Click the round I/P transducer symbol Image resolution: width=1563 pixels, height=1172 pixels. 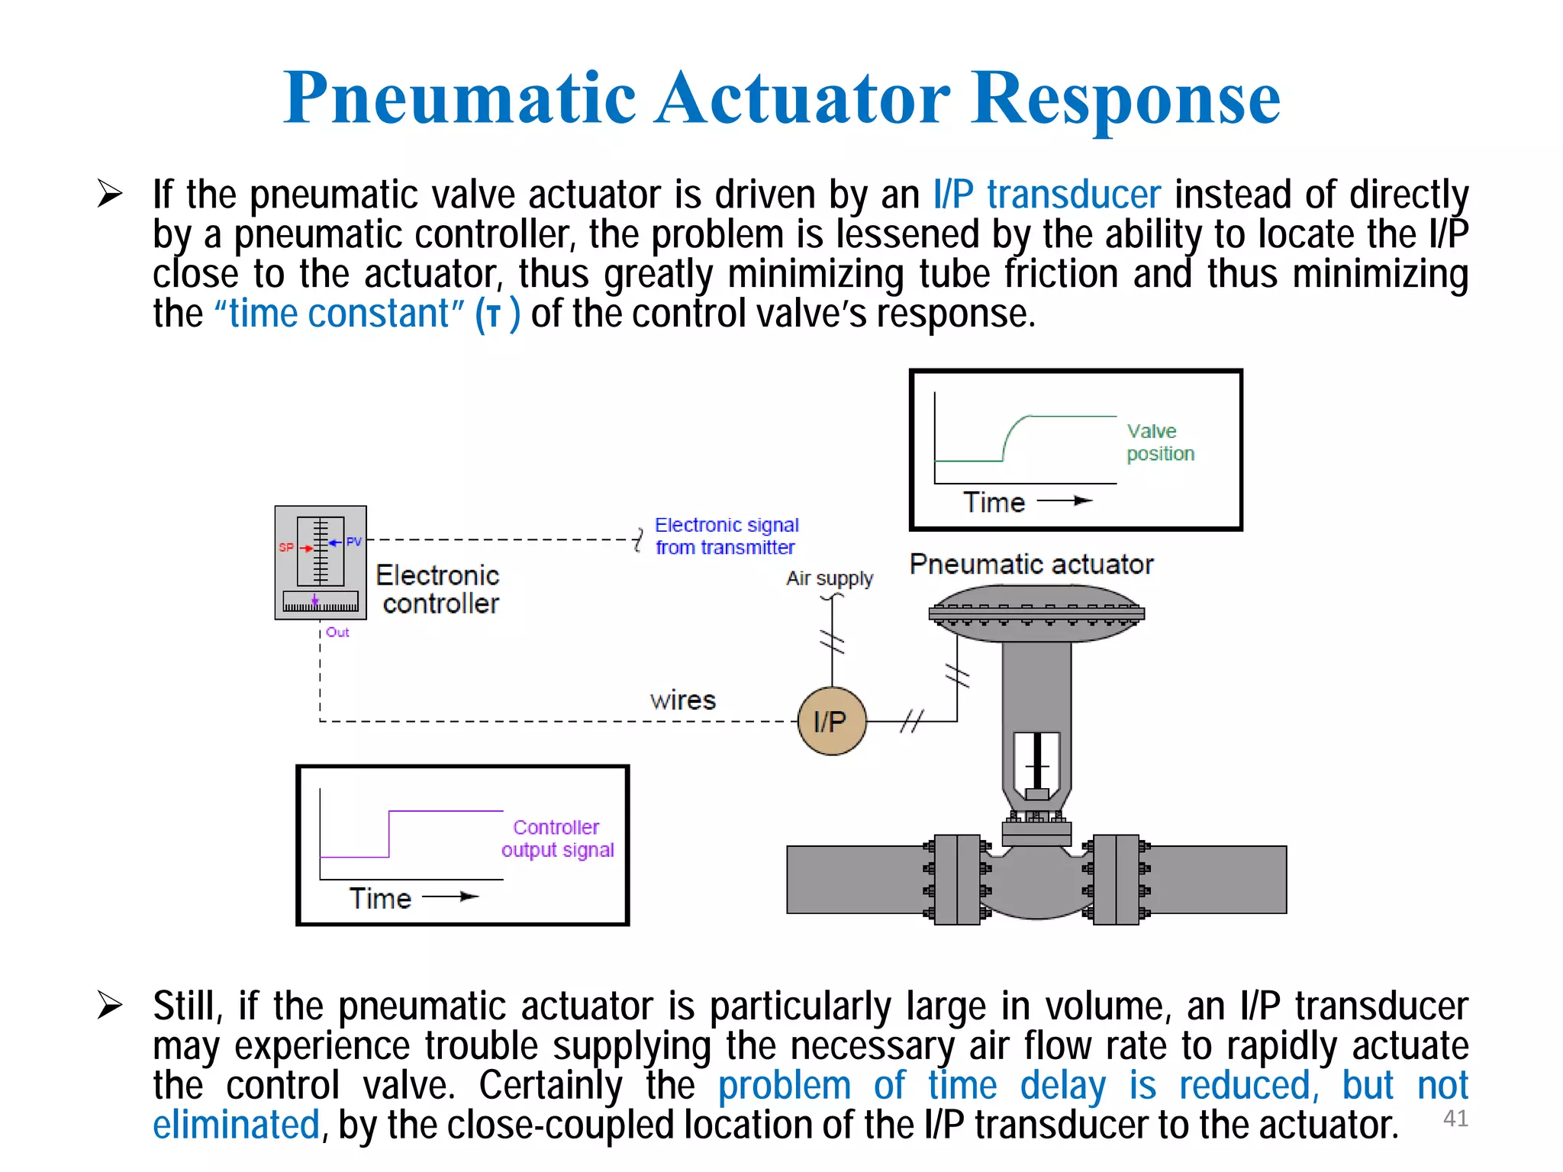click(832, 721)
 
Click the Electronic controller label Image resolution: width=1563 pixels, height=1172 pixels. click(438, 589)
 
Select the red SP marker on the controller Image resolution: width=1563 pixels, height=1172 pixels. click(288, 547)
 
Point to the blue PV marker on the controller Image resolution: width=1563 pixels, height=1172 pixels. click(353, 541)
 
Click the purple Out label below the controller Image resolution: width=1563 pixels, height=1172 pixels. click(337, 632)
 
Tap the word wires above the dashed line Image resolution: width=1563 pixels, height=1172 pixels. click(682, 700)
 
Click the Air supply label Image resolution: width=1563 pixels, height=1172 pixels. click(830, 578)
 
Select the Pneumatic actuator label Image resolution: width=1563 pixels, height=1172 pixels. click(1031, 564)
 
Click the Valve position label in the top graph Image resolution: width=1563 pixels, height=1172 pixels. click(1160, 442)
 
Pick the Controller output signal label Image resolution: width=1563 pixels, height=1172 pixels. click(557, 838)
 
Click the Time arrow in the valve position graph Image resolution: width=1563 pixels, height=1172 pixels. click(1064, 501)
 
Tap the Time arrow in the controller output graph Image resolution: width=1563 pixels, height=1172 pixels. click(450, 897)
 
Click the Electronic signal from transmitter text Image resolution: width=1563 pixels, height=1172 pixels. click(726, 536)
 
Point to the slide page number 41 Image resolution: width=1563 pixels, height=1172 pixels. click(1455, 1118)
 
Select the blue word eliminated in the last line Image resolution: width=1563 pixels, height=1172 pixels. click(236, 1125)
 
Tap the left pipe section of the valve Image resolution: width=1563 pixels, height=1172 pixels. click(855, 879)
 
